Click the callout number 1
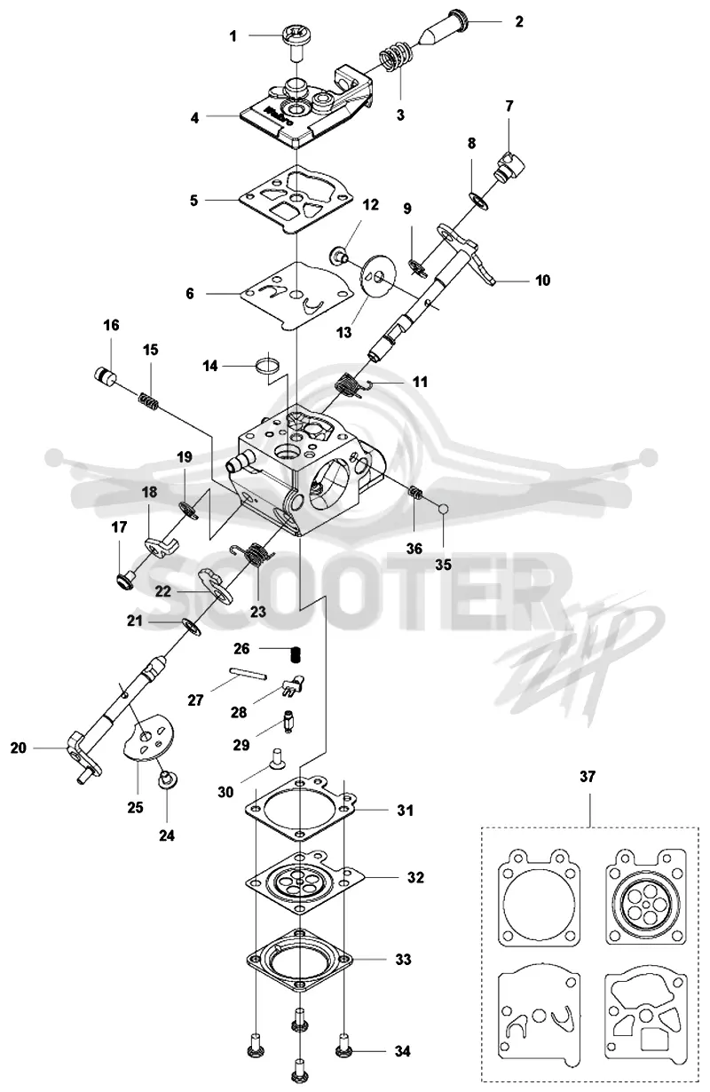[233, 36]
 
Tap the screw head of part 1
[295, 36]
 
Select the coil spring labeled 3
[394, 56]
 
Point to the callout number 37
[588, 776]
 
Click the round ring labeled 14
[267, 365]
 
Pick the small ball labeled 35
[444, 509]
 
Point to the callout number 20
[18, 748]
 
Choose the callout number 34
[402, 1051]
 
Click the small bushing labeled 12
[339, 255]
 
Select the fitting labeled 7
[511, 166]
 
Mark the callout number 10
[542, 281]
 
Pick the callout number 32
[415, 877]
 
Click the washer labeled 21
[191, 627]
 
